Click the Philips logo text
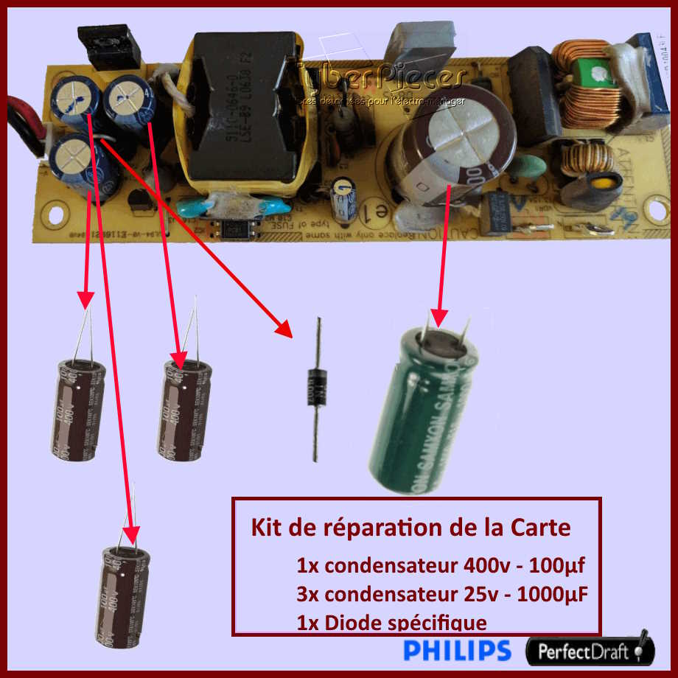(x=457, y=650)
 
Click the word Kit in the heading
(x=267, y=528)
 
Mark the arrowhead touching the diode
(x=284, y=328)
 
